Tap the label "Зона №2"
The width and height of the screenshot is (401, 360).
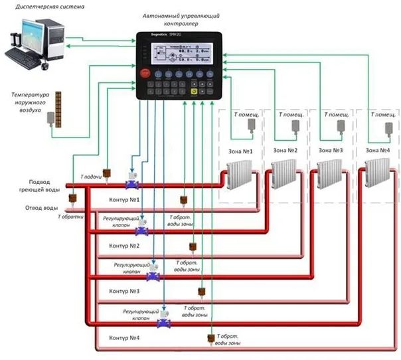(286, 150)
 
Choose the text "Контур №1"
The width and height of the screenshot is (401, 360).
(123, 199)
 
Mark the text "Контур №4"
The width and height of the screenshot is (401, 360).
(123, 338)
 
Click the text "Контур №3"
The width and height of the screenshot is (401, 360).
(123, 291)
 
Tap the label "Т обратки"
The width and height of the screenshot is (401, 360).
(70, 217)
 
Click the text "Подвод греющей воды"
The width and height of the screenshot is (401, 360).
(44, 186)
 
